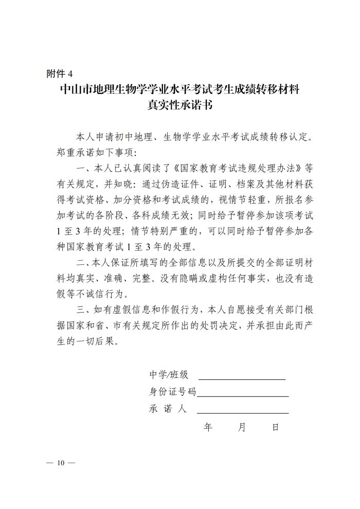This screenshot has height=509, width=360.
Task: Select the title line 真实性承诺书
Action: (179, 106)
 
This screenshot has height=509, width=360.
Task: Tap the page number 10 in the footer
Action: (61, 463)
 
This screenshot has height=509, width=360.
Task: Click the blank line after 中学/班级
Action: (242, 378)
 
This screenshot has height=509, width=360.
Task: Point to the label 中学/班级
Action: (169, 375)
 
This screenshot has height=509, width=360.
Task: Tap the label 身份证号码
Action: (173, 392)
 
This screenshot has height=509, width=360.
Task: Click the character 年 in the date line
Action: (208, 427)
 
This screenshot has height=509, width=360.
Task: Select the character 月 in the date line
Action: (242, 427)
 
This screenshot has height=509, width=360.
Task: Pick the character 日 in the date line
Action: (276, 427)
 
